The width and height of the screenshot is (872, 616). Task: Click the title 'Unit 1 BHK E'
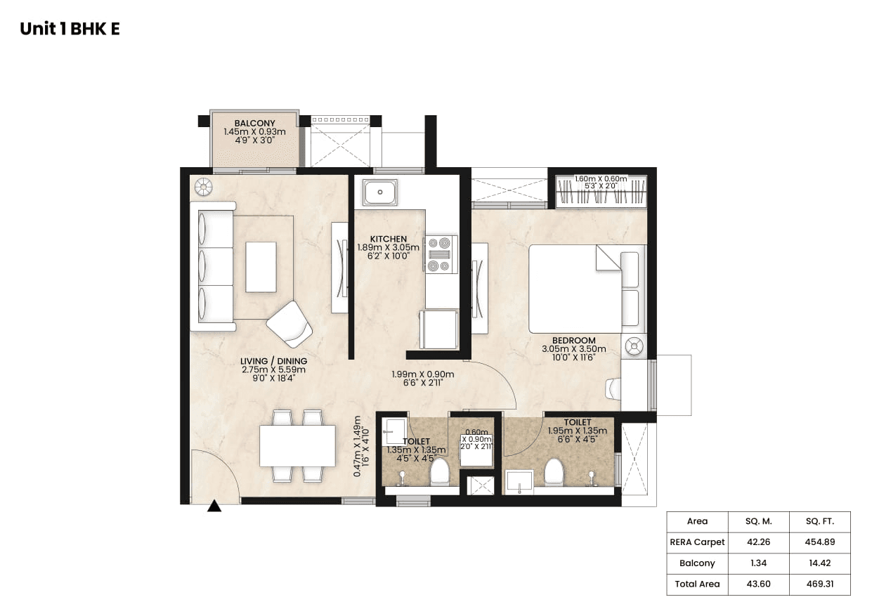pos(70,29)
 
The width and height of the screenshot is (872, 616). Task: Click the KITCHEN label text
pos(388,240)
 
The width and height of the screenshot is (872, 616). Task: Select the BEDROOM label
pos(573,341)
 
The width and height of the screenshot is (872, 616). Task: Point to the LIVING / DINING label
pos(273,362)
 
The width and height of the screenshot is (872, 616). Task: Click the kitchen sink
pos(380,192)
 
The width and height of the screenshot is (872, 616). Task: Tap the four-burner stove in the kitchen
pos(441,254)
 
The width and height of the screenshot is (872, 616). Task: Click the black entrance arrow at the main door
pos(214,506)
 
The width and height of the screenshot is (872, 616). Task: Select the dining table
pos(297,446)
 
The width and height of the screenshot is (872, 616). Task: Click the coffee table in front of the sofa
pos(261,267)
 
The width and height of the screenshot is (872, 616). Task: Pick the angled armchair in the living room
pos(289,324)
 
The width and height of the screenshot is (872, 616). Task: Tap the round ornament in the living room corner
pos(203,186)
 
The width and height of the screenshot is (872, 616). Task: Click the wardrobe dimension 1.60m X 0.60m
pos(600,178)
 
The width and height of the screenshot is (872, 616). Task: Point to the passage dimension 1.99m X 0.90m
pos(422,374)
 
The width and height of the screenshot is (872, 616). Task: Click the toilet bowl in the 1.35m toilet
pos(440,473)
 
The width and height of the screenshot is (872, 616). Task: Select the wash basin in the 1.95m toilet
pos(519,481)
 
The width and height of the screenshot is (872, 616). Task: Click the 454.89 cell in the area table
pos(819,542)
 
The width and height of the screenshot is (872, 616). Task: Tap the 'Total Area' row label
pos(697,584)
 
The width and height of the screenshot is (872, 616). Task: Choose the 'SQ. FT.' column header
pos(819,521)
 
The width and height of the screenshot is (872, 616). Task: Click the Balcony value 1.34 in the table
pos(758,563)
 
